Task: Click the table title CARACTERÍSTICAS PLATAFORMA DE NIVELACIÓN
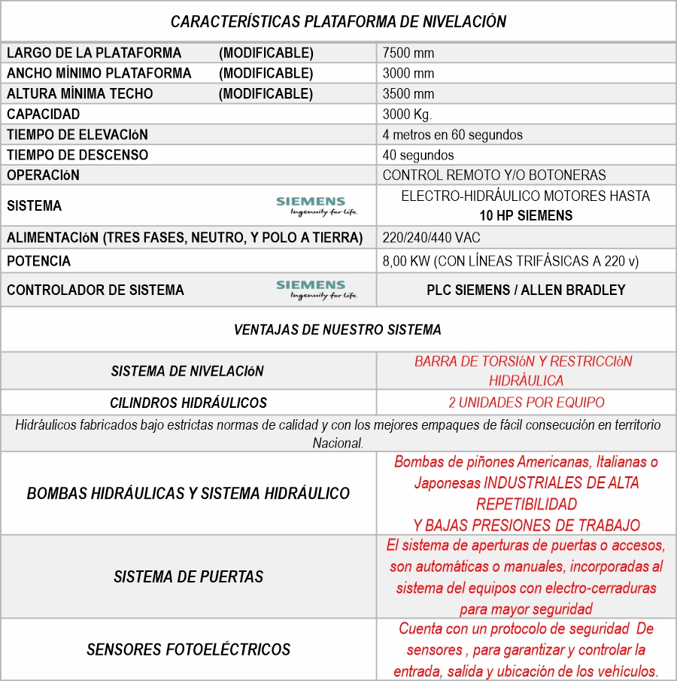(x=338, y=22)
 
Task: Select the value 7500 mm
(x=408, y=53)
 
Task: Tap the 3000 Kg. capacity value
(x=407, y=114)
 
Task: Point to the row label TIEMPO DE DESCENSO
(x=77, y=155)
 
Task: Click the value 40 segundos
(x=418, y=155)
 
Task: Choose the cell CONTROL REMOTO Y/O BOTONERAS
(x=493, y=175)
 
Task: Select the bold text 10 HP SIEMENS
(x=526, y=215)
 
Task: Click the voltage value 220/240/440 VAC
(x=431, y=238)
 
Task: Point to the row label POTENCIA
(x=38, y=261)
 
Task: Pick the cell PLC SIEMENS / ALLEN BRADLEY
(x=526, y=290)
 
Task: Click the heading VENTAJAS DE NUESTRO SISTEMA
(x=338, y=330)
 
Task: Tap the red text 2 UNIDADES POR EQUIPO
(x=526, y=402)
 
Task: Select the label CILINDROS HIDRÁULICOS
(x=188, y=403)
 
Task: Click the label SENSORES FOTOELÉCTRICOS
(x=188, y=649)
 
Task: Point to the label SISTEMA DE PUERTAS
(x=188, y=577)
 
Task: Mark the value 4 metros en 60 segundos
(x=452, y=135)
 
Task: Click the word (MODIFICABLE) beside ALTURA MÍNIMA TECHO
(x=266, y=94)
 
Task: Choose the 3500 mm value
(x=408, y=94)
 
